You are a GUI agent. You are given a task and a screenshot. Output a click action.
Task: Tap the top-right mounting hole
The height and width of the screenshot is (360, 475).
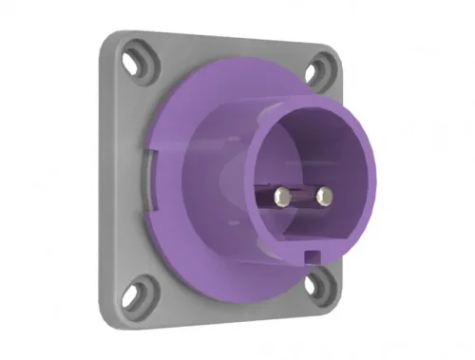(x=319, y=69)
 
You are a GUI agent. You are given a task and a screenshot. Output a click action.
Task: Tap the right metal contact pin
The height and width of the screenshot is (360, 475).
(x=325, y=199)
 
